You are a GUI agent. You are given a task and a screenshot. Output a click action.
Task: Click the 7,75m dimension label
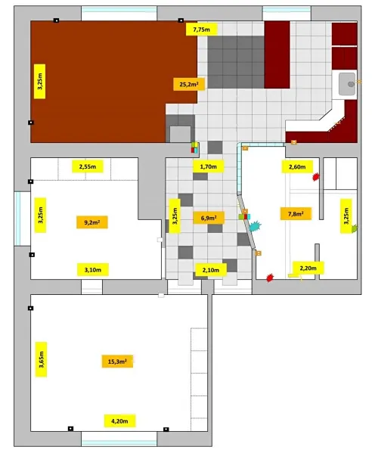click(202, 29)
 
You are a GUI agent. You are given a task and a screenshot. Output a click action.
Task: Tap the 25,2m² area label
click(189, 85)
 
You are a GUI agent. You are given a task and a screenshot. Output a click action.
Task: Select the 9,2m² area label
click(92, 222)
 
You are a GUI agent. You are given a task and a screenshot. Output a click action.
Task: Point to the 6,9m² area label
click(209, 218)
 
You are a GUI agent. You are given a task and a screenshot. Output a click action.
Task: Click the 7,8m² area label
click(296, 214)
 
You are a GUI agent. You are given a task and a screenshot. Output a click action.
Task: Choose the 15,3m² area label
click(117, 361)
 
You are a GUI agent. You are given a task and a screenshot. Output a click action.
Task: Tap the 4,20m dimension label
click(119, 420)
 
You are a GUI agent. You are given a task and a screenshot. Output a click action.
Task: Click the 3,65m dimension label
click(41, 359)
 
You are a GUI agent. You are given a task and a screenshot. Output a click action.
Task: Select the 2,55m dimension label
click(87, 166)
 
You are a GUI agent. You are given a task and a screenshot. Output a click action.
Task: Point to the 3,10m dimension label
click(93, 269)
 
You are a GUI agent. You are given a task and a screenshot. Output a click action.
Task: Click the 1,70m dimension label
click(208, 166)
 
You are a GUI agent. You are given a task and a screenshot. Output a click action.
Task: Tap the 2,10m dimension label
click(211, 270)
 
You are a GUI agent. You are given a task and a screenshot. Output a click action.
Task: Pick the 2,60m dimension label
click(297, 166)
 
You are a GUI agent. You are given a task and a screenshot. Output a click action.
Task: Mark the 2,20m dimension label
click(308, 268)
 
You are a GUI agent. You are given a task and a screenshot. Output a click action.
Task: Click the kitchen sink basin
click(347, 84)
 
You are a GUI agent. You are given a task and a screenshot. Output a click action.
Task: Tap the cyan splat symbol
click(255, 225)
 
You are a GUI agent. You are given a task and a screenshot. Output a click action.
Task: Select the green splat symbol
click(355, 228)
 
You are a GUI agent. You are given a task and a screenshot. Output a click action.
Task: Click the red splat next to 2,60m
click(316, 177)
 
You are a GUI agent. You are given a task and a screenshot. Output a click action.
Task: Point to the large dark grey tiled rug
click(236, 62)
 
